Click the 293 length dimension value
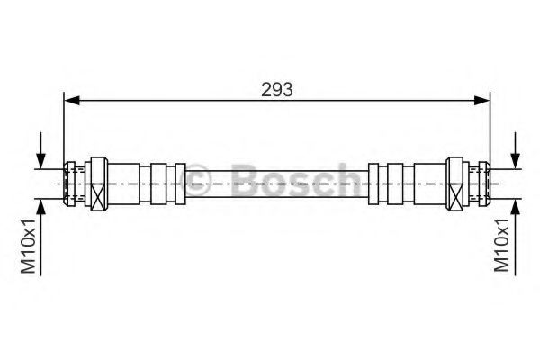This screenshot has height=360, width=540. (277, 89)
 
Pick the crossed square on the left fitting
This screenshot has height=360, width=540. (96, 192)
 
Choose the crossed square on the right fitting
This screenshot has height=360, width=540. (458, 192)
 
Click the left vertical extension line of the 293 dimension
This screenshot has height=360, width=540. (63, 126)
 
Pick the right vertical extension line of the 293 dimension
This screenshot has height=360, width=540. (490, 126)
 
